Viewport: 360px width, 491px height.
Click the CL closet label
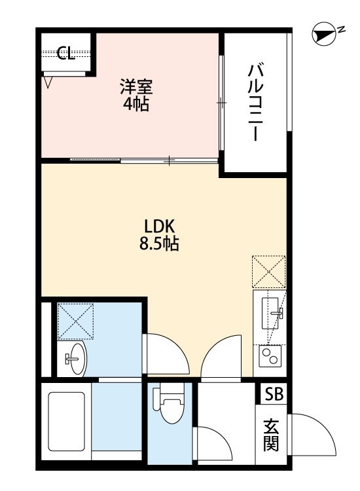pyautogui.click(x=65, y=54)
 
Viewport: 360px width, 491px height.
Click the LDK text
pyautogui.click(x=158, y=227)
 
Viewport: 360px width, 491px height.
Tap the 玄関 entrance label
pyautogui.click(x=271, y=435)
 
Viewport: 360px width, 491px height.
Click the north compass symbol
pyautogui.click(x=322, y=35)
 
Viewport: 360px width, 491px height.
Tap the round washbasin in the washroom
pyautogui.click(x=75, y=358)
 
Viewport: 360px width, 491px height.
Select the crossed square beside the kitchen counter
pyautogui.click(x=269, y=272)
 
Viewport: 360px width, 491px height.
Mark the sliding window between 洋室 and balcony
pyautogui.click(x=222, y=103)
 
